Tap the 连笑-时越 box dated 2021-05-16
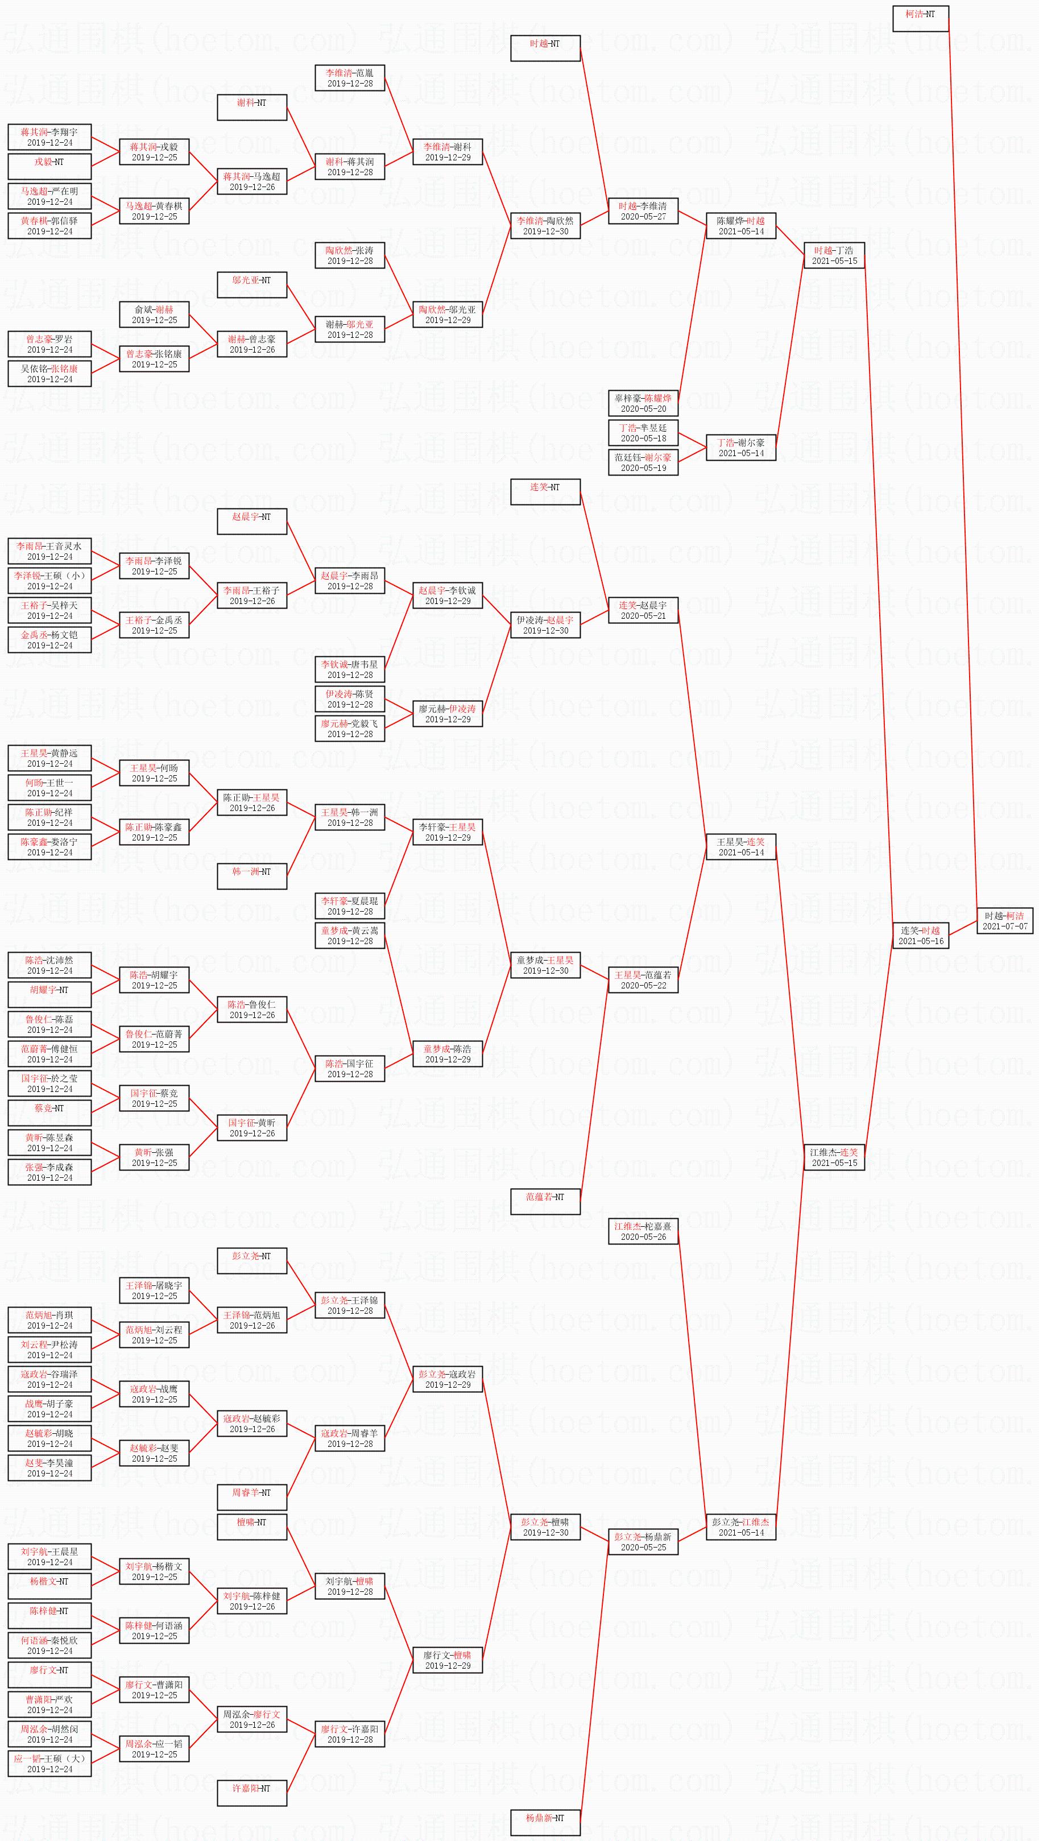(x=920, y=936)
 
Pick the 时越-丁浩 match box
(x=834, y=255)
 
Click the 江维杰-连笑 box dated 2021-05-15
(x=834, y=1157)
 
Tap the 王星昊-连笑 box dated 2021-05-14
(x=740, y=847)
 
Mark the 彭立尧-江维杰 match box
(x=740, y=1527)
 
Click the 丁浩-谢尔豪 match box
(x=740, y=448)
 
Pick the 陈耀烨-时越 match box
(x=740, y=226)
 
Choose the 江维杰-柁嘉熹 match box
(x=643, y=1231)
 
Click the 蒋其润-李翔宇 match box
(x=49, y=136)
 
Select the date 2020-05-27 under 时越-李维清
(x=643, y=217)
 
